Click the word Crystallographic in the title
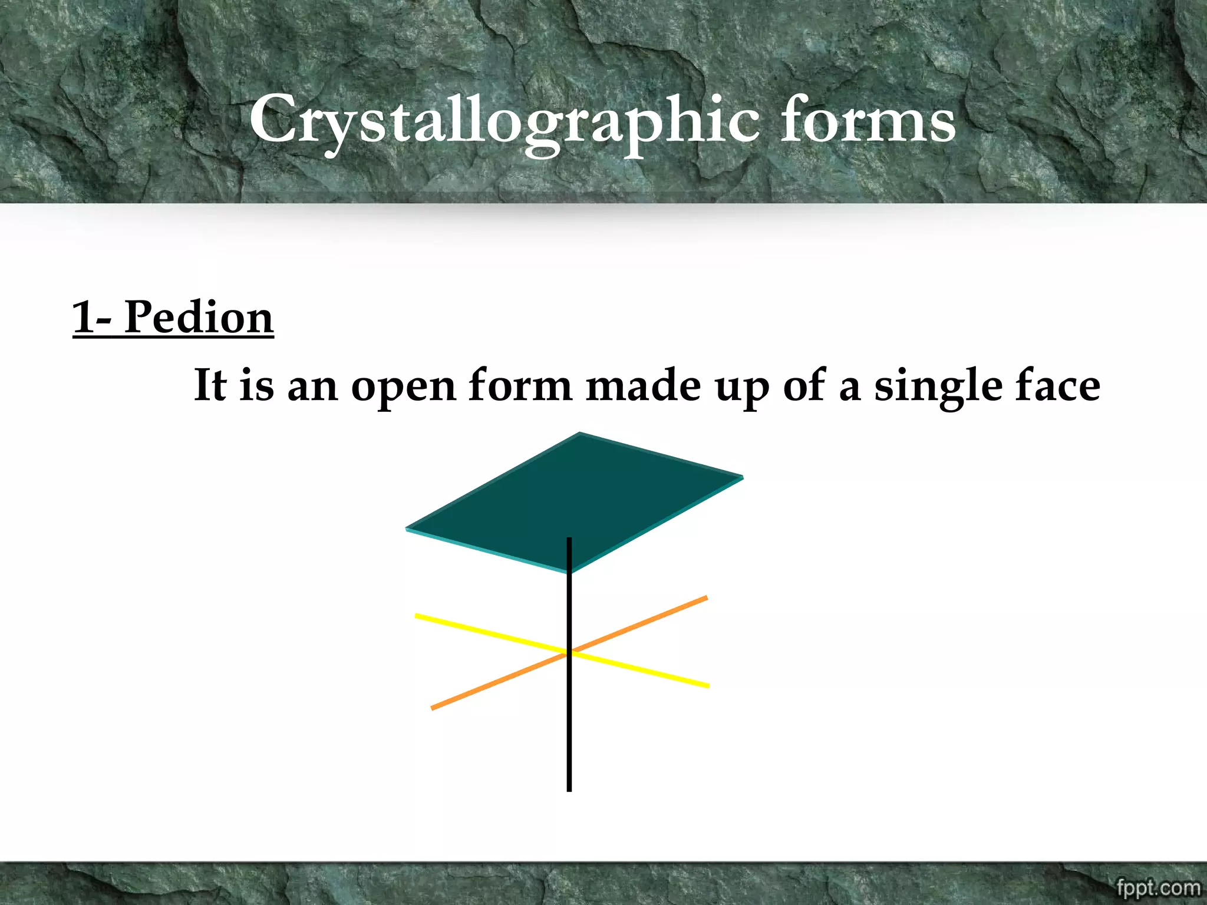(504, 121)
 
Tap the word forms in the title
(868, 121)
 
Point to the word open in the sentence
(404, 387)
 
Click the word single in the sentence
(938, 387)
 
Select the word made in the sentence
(643, 385)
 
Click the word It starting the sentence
(210, 385)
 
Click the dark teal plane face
(575, 501)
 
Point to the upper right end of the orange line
(705, 599)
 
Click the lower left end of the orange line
(433, 708)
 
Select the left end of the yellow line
(417, 616)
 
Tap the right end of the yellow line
(707, 686)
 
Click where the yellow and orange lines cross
(569, 653)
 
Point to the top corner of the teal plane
(580, 434)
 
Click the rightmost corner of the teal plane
(741, 477)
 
